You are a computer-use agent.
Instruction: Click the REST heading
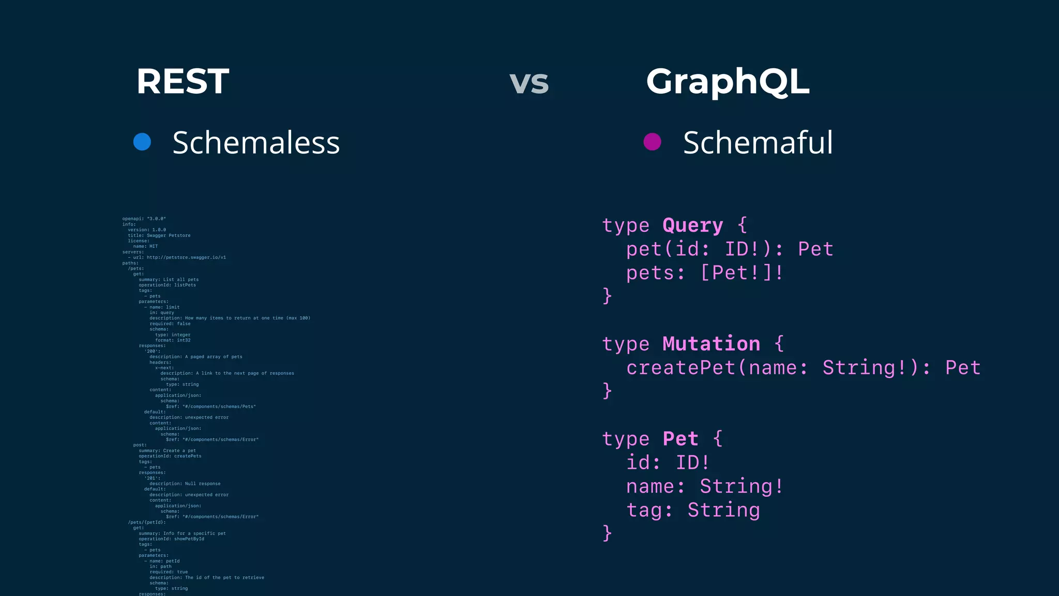click(x=182, y=82)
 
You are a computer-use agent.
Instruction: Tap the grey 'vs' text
click(x=528, y=83)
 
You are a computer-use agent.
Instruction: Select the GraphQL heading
click(x=728, y=82)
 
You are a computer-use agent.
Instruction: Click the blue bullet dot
click(x=142, y=142)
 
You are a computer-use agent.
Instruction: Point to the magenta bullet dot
click(x=652, y=142)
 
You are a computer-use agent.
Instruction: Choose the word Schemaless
click(x=256, y=143)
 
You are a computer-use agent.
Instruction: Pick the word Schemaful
click(x=758, y=143)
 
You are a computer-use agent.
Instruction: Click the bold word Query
click(x=692, y=226)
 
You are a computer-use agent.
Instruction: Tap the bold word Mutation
click(x=711, y=344)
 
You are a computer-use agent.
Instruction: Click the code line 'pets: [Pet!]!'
click(x=704, y=273)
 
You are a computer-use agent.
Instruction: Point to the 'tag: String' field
click(x=693, y=510)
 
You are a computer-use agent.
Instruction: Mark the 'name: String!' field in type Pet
click(x=704, y=486)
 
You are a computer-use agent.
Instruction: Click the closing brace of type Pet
click(x=608, y=533)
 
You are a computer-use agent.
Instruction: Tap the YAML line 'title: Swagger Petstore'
click(x=159, y=235)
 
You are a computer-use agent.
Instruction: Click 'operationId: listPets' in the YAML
click(x=167, y=285)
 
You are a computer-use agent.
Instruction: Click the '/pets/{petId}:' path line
click(x=147, y=523)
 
